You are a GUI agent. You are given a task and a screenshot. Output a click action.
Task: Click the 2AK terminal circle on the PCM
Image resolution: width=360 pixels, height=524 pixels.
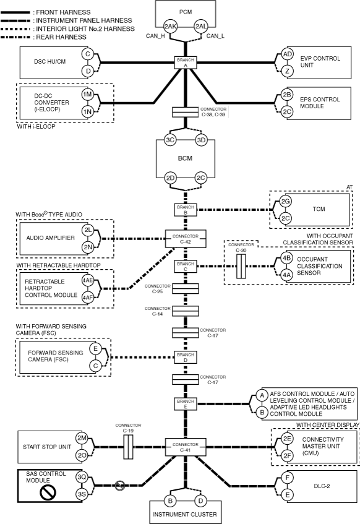pos(170,27)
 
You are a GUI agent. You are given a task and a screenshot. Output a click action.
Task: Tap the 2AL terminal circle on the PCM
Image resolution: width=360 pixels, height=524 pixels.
pos(201,27)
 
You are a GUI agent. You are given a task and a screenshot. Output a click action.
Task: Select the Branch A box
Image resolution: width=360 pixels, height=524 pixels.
pos(186,62)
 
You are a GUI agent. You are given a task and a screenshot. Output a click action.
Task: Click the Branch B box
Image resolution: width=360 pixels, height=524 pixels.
pos(186,210)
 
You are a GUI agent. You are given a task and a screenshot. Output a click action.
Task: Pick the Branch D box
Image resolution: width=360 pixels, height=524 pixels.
pos(186,357)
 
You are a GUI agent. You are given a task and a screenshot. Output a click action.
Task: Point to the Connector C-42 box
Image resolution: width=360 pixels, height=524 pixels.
pos(186,239)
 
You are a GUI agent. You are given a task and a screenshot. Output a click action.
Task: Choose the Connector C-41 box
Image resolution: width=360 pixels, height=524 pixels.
pos(186,447)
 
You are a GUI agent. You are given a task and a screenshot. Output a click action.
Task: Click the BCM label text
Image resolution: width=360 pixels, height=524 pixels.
pos(185,158)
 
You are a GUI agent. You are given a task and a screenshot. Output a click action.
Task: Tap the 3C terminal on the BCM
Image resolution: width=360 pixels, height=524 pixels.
pos(170,140)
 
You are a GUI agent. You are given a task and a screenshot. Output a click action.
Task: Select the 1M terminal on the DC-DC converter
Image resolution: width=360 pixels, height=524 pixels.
pos(88,95)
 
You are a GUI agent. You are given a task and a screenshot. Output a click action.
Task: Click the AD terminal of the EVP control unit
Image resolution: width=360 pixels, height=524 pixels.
pos(287,54)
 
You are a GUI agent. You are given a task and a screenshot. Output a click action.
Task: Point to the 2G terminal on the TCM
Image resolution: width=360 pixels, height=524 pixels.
pos(285,202)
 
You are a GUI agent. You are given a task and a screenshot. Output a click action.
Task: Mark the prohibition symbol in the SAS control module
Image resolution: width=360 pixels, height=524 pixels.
pos(48,492)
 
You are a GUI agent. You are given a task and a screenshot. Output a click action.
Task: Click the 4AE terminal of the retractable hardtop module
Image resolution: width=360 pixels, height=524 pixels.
pos(88,280)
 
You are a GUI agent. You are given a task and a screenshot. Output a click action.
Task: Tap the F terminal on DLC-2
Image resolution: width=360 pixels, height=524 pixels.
pos(287,478)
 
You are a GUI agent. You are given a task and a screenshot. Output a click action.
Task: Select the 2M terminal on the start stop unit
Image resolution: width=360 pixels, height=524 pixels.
pos(82,438)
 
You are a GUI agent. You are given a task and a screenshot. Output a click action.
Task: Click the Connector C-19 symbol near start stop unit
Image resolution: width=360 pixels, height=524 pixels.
pos(129,447)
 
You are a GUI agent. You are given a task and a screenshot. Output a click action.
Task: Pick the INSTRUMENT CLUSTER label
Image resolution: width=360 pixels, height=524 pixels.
pos(185,514)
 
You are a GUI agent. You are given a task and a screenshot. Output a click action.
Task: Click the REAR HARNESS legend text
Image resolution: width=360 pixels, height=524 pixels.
pos(61,37)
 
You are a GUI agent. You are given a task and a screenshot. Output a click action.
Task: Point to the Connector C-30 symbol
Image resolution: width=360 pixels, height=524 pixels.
pos(241,267)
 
